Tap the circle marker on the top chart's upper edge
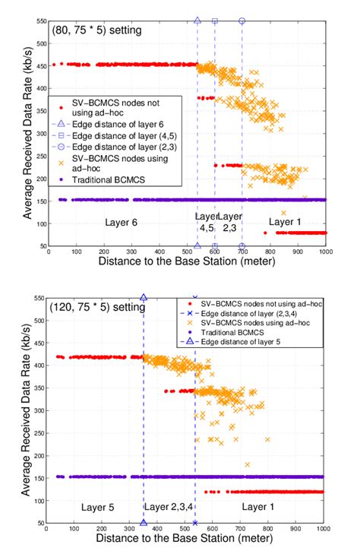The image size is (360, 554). click(242, 21)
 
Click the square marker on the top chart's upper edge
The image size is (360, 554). click(215, 21)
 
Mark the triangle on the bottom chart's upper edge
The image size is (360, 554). click(144, 297)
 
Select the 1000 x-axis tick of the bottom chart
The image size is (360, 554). click(324, 531)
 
